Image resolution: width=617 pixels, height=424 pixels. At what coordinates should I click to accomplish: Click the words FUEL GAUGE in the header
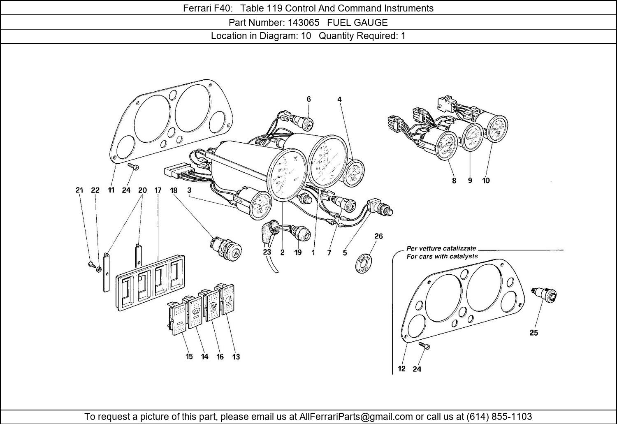[357, 22]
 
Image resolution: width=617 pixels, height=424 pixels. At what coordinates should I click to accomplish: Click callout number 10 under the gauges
[486, 180]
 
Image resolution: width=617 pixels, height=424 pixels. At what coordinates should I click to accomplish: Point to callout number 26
[378, 236]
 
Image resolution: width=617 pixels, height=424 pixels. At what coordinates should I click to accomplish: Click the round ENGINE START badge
[364, 264]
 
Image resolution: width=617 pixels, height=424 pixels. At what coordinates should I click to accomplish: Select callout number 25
[533, 333]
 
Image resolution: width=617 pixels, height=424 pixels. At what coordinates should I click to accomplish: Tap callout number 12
[401, 369]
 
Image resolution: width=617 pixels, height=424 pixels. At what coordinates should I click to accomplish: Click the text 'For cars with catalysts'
[442, 256]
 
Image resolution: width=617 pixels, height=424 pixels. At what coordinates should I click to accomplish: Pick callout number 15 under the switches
[189, 357]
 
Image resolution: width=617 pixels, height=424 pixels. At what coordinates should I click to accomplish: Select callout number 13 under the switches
[236, 357]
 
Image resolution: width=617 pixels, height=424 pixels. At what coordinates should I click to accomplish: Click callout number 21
[79, 190]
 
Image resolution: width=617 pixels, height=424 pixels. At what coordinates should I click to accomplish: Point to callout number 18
[174, 190]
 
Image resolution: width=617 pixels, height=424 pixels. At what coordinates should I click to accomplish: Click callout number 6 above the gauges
[308, 99]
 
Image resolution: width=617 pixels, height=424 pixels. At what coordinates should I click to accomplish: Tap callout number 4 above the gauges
[340, 99]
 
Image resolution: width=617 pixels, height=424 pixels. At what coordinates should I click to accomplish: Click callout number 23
[267, 253]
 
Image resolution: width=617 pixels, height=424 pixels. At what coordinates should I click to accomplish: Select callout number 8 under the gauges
[454, 180]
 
